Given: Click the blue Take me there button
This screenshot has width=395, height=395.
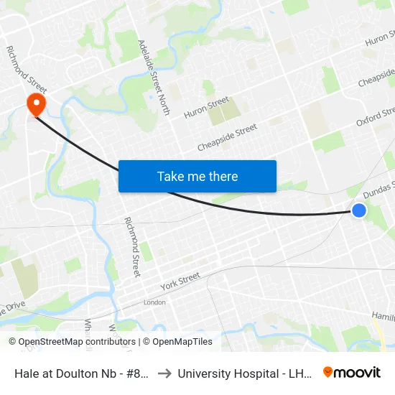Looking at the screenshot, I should (197, 177).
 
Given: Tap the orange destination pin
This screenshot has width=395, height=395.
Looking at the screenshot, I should (35, 105).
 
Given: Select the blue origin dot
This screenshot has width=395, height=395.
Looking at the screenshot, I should (359, 210).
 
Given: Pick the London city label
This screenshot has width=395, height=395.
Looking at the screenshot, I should (154, 302).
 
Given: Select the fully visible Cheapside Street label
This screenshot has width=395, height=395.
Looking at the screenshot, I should (227, 139).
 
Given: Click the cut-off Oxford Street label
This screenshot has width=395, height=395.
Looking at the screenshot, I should (376, 118).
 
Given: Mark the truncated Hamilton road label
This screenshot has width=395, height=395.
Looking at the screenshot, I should (383, 316).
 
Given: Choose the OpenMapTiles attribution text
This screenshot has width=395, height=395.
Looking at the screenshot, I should (177, 342).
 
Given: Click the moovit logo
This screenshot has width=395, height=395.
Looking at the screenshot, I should (352, 373).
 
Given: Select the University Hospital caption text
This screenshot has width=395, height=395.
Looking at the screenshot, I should (243, 373).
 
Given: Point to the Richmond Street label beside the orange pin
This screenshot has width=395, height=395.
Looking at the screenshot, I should (27, 70).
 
